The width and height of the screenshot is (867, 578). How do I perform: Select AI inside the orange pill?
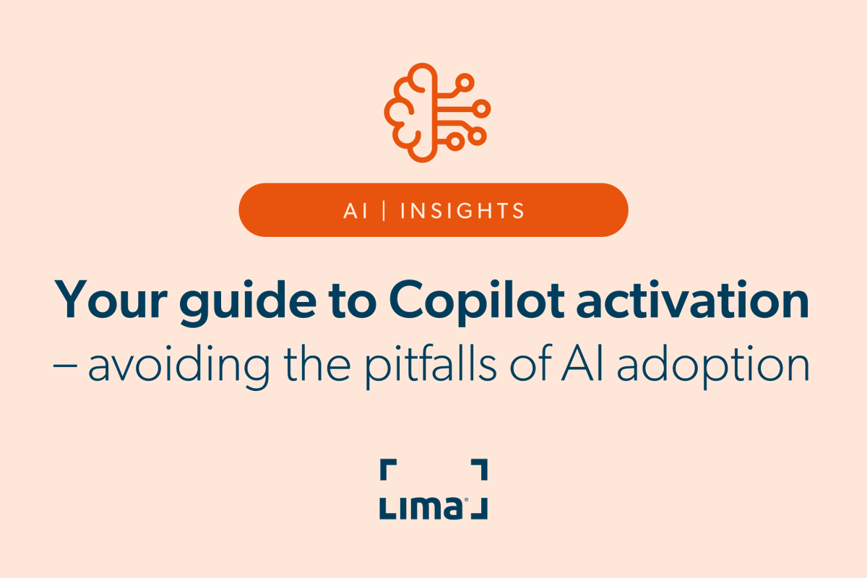353,210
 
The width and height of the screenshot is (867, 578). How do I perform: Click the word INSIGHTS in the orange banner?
462,210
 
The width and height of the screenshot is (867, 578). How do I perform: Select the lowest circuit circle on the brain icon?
455,142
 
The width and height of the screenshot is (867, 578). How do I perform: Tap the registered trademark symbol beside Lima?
466,500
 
